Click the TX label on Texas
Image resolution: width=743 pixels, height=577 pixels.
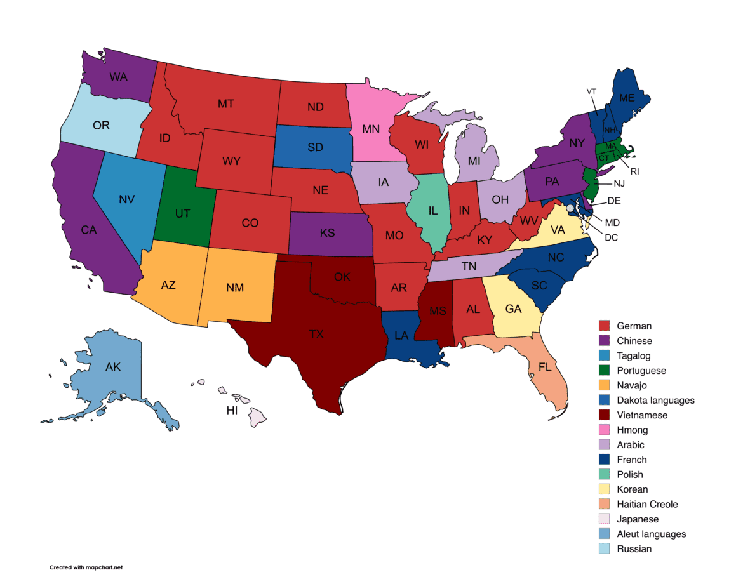(316, 335)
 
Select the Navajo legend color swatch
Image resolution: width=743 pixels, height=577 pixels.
(605, 385)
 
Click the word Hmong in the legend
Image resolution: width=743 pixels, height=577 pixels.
(633, 430)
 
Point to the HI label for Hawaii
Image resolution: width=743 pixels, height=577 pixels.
(232, 411)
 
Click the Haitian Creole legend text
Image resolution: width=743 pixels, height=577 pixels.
(647, 504)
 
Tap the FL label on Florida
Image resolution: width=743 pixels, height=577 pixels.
(545, 367)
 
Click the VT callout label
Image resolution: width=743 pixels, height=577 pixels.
(591, 91)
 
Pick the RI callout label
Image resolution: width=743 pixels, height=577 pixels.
(634, 171)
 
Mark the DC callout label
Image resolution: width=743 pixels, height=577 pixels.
(610, 238)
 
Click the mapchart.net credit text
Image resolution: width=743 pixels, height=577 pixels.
(86, 567)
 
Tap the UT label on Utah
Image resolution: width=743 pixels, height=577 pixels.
(183, 214)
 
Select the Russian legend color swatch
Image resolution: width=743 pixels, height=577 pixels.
(605, 548)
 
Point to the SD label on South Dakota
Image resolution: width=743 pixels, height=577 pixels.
(315, 147)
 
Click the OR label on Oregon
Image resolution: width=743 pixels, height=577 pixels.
(101, 125)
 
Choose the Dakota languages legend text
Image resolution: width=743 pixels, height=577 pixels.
(655, 400)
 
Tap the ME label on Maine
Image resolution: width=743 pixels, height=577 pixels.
(627, 98)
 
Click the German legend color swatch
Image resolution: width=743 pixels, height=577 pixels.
(605, 326)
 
